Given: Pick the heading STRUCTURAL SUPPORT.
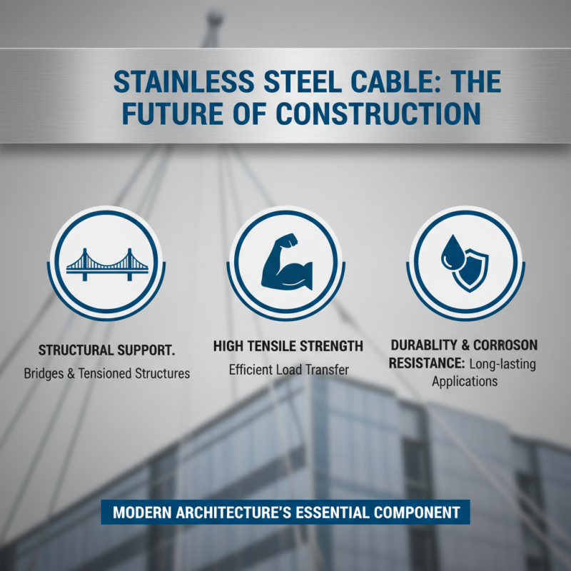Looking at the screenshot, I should pyautogui.click(x=106, y=350).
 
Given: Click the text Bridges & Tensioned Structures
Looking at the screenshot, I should pyautogui.click(x=107, y=373).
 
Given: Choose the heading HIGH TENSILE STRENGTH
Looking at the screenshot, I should pyautogui.click(x=288, y=346).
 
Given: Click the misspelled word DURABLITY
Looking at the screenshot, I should pyautogui.click(x=427, y=345).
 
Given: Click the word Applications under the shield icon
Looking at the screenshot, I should pyautogui.click(x=465, y=382).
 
